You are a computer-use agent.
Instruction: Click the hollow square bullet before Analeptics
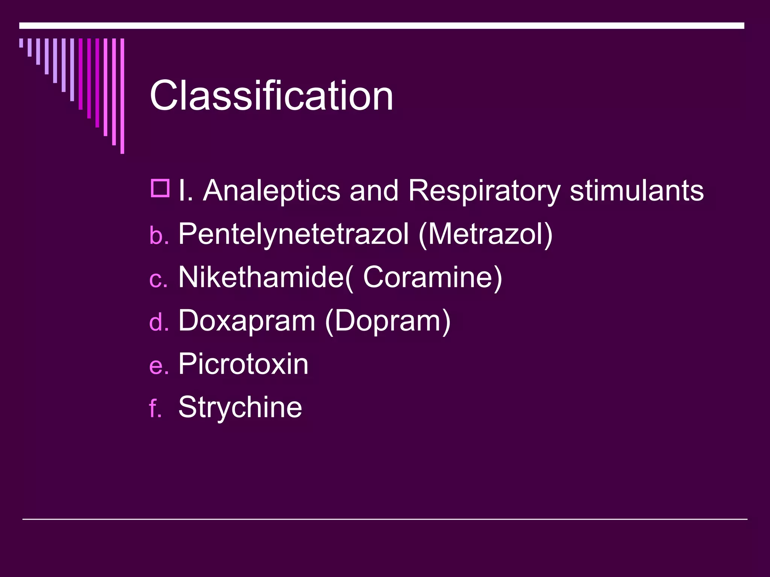(x=160, y=188)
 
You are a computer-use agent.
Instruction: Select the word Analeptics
(x=271, y=191)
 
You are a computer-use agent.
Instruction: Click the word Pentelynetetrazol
(x=293, y=234)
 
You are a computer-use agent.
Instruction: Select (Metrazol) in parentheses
(x=485, y=234)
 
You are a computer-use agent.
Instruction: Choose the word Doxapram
(x=247, y=321)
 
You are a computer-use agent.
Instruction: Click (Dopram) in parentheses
(x=388, y=322)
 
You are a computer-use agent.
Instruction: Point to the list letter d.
(x=158, y=322)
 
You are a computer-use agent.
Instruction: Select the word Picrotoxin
(x=243, y=364)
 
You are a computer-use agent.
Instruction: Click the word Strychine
(x=240, y=407)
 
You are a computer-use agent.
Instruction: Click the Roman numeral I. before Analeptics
(x=186, y=191)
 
